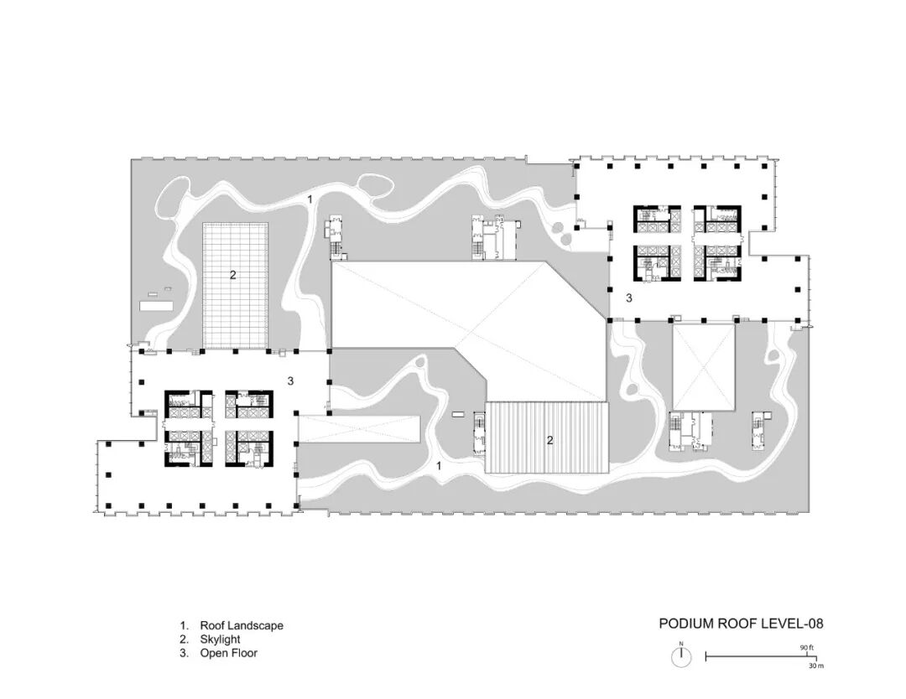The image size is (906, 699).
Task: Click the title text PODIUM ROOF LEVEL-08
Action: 741,624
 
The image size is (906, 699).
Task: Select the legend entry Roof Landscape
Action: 242,626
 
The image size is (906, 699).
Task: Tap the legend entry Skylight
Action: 220,639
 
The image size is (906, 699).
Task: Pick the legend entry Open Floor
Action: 229,654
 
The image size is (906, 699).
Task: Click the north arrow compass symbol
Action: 681,656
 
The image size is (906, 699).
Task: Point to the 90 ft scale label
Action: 807,648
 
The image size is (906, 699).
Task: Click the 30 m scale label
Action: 816,665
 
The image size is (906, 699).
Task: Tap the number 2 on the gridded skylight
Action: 233,275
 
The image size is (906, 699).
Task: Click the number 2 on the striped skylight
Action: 549,440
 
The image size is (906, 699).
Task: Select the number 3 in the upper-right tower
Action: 629,298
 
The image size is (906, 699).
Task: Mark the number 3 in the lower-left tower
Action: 290,381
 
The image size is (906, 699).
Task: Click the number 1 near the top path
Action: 310,199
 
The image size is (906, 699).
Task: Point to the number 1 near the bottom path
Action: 439,465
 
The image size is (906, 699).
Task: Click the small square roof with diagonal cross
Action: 704,367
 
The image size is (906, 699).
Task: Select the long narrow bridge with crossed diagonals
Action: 358,429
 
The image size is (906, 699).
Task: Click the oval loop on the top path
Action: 376,184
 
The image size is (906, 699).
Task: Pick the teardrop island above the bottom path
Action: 420,362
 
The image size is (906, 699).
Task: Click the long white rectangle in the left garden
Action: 157,305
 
